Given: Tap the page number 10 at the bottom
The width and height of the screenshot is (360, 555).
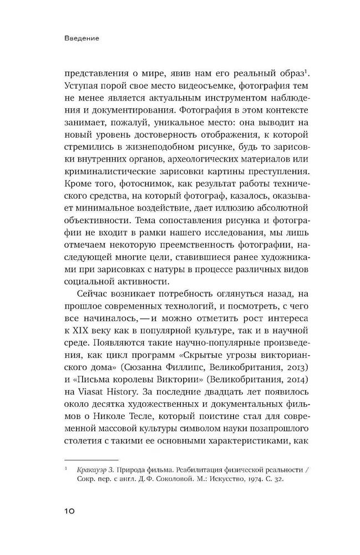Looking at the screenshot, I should point(73,510).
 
